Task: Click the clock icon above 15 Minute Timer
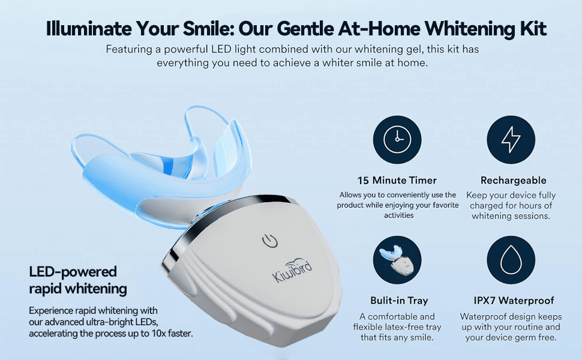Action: [x=397, y=140]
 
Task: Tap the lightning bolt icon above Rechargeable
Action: [x=511, y=140]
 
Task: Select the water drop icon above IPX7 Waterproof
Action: [x=511, y=260]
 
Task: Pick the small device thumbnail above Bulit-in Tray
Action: [x=397, y=260]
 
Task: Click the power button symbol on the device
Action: [x=270, y=241]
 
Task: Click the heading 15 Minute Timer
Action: [x=397, y=181]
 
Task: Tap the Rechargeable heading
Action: [x=514, y=181]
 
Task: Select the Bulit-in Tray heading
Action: [x=399, y=300]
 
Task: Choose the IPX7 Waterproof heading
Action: [x=514, y=300]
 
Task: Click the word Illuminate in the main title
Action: [x=89, y=28]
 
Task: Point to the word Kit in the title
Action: [x=533, y=28]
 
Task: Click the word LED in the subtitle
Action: [x=221, y=49]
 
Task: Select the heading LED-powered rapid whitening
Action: [x=78, y=280]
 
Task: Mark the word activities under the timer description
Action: [x=398, y=215]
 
